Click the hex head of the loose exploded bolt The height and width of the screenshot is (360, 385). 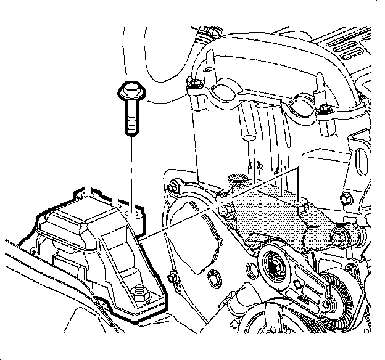130,92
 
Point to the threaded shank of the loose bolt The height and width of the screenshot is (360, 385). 131,120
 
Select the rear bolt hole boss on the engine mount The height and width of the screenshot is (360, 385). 132,213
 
